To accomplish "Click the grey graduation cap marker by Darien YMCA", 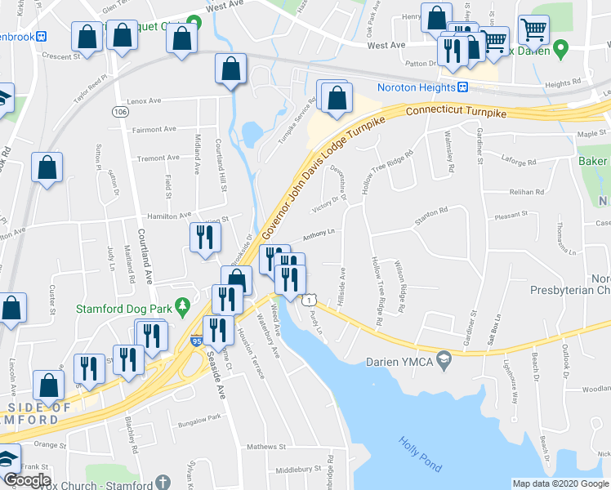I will coord(444,358).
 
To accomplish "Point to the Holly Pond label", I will coord(420,455).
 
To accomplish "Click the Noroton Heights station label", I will coord(415,87).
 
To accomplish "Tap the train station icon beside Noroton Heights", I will coord(462,87).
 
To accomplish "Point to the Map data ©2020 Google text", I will coord(560,483).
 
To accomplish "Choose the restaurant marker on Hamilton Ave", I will coord(203,237).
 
